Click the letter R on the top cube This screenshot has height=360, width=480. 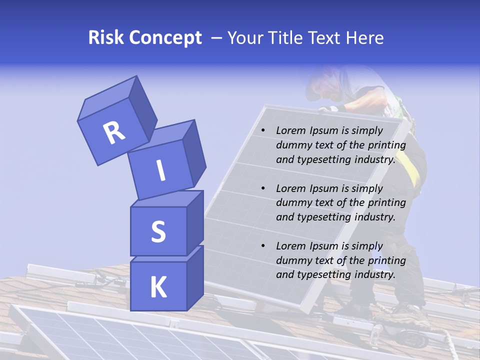click(x=114, y=132)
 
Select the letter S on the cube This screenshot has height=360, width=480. click(x=158, y=231)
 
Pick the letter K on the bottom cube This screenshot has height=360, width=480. click(x=158, y=287)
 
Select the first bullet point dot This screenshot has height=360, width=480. click(x=263, y=130)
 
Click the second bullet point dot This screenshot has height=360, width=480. click(x=263, y=188)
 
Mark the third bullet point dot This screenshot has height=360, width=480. click(x=263, y=246)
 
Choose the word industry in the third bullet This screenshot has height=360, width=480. click(x=374, y=274)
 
